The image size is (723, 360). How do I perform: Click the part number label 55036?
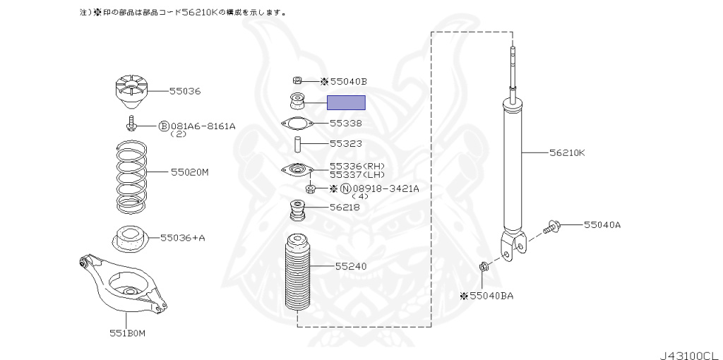[x=185, y=91]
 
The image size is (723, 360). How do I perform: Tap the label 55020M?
[x=189, y=172]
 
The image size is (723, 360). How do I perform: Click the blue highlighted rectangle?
[x=346, y=103]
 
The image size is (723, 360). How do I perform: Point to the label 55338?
[x=346, y=123]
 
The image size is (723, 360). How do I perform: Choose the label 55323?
[x=346, y=143]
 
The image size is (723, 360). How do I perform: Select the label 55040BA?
[x=487, y=296]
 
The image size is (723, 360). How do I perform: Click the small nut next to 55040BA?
[x=483, y=267]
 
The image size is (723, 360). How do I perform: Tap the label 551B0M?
[x=127, y=332]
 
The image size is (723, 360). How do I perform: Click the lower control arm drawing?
[x=124, y=282]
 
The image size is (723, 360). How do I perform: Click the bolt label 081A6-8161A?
[x=202, y=126]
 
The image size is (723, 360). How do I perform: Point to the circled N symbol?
[x=345, y=188]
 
